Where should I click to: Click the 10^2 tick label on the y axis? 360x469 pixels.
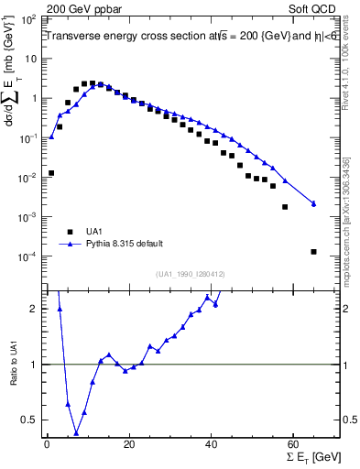tap(29, 19)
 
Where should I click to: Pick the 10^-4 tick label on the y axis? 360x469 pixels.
tap(29, 256)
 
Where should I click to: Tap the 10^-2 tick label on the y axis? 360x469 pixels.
tap(29, 178)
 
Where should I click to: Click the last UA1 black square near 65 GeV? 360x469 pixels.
tap(314, 252)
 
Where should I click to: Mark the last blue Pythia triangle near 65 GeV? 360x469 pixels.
tap(314, 203)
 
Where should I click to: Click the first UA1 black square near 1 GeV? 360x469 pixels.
tap(51, 172)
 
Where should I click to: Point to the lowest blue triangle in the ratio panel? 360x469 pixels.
tap(76, 433)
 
